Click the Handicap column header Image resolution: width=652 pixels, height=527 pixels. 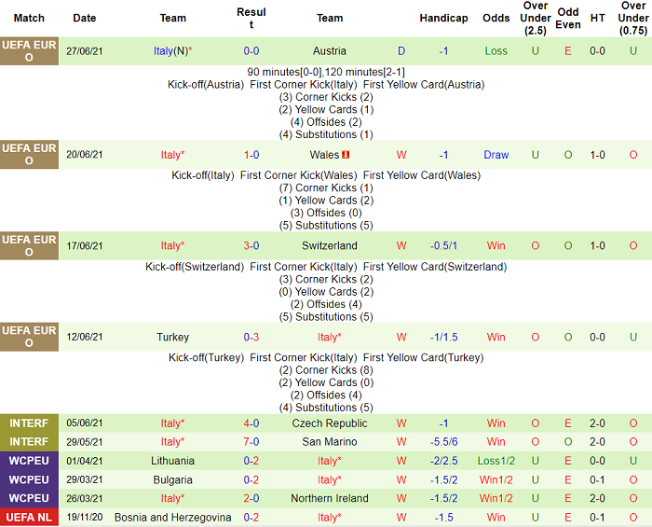(x=443, y=18)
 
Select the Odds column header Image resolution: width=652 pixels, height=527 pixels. (x=496, y=18)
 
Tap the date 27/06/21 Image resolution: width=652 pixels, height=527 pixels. (x=85, y=51)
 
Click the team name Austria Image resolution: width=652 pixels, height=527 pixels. (x=330, y=51)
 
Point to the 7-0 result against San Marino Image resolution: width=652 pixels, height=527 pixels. (x=251, y=442)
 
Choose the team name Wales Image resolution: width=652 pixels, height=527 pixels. (x=325, y=155)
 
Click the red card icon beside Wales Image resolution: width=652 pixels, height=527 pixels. (x=346, y=155)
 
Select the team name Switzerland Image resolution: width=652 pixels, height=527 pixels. (x=330, y=246)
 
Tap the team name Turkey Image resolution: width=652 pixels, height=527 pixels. (x=173, y=338)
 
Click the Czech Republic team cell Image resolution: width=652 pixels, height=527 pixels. (x=330, y=423)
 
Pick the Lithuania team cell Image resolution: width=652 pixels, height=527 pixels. (x=173, y=461)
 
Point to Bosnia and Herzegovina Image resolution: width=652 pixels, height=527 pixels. (x=173, y=517)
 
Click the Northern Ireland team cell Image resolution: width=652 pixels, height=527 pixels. (x=330, y=498)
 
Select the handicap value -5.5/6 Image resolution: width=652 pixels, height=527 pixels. (x=443, y=442)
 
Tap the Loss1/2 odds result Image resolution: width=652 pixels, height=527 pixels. (x=496, y=461)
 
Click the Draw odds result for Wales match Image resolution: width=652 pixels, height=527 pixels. (x=496, y=155)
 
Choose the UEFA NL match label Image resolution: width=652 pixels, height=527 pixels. (x=29, y=517)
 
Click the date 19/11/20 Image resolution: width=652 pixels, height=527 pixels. (x=85, y=517)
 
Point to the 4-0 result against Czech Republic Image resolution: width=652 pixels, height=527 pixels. (x=251, y=423)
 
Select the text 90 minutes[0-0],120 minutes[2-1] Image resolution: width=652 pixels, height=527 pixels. (x=326, y=72)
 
